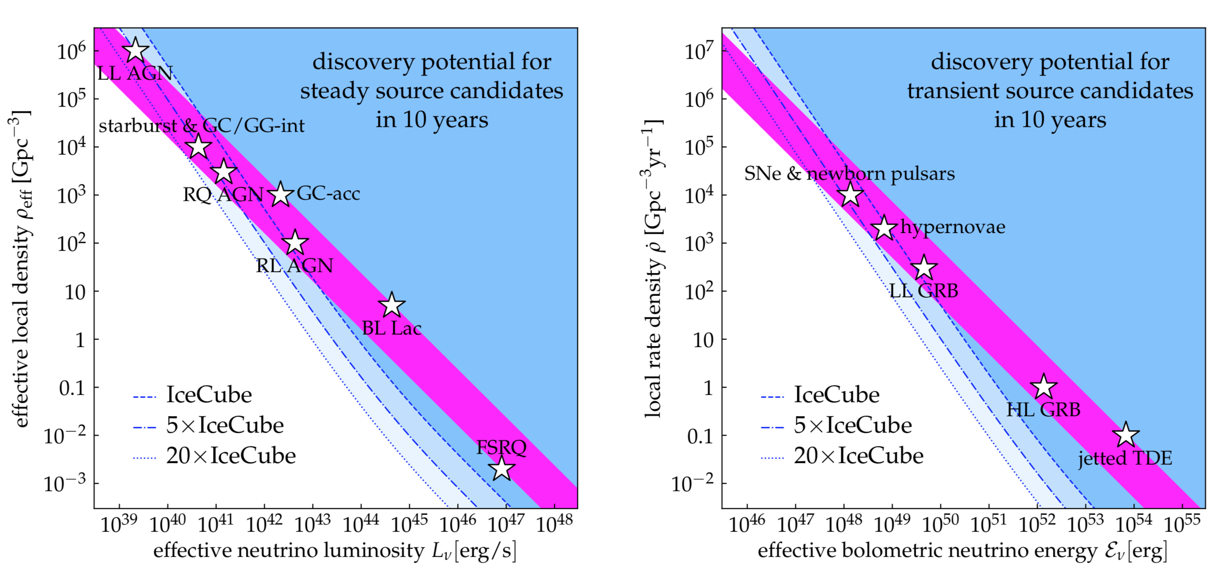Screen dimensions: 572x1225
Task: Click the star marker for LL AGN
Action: click(x=135, y=50)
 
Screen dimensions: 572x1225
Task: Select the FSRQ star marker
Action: click(x=502, y=469)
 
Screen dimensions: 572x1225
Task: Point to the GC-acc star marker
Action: click(x=281, y=195)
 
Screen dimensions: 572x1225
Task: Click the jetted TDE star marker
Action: click(x=1126, y=435)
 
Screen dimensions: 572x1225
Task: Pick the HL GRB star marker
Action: click(x=1044, y=387)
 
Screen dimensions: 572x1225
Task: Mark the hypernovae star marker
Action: click(x=884, y=228)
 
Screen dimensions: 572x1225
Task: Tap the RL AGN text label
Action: click(x=294, y=266)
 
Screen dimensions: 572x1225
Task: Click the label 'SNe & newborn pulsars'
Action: click(x=849, y=174)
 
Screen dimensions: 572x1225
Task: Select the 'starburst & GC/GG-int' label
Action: click(x=202, y=126)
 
